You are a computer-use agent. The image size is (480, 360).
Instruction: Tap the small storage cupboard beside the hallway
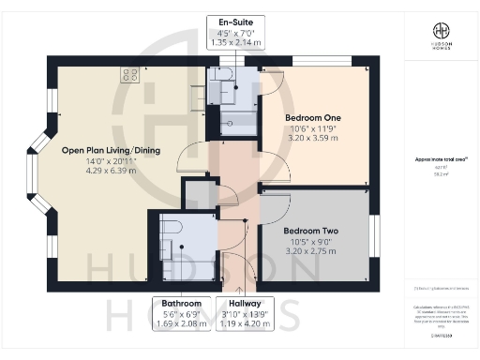tap(197, 194)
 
